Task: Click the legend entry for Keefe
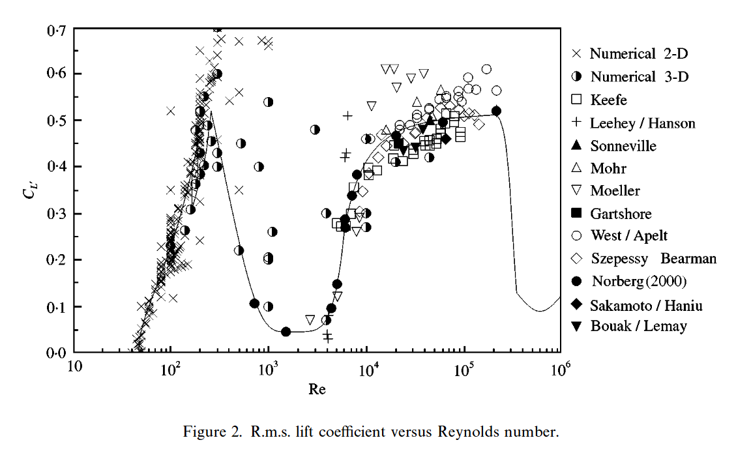(608, 100)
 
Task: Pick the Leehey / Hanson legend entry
(642, 123)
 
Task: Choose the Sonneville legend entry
(623, 146)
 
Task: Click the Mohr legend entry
(608, 168)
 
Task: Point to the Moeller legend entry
(615, 190)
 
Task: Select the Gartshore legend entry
(621, 213)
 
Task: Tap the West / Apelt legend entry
(628, 235)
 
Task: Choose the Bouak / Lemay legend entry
(638, 326)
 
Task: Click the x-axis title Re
(317, 390)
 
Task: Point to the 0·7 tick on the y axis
(57, 30)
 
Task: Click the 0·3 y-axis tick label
(57, 214)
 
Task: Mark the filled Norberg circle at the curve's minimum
(286, 332)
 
